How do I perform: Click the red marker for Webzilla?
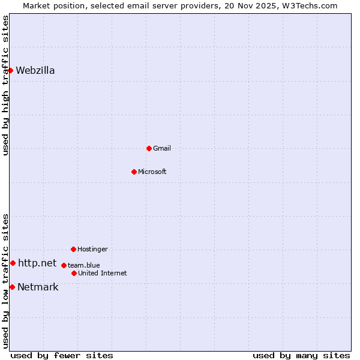pyautogui.click(x=10, y=70)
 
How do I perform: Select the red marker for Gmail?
pyautogui.click(x=149, y=148)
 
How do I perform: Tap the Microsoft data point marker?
pyautogui.click(x=134, y=172)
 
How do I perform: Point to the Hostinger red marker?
pyautogui.click(x=73, y=249)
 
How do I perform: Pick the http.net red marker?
pyautogui.click(x=13, y=263)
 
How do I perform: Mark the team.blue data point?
pyautogui.click(x=64, y=265)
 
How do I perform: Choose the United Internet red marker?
pyautogui.click(x=74, y=273)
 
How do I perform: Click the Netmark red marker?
pyautogui.click(x=12, y=287)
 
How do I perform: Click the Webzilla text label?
pyautogui.click(x=35, y=70)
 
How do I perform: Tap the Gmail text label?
pyautogui.click(x=162, y=148)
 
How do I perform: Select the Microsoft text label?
pyautogui.click(x=152, y=172)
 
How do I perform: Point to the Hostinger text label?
pyautogui.click(x=92, y=249)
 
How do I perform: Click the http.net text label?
pyautogui.click(x=37, y=263)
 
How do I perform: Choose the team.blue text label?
pyautogui.click(x=83, y=265)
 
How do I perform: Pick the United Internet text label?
pyautogui.click(x=102, y=273)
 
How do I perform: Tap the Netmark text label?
pyautogui.click(x=38, y=287)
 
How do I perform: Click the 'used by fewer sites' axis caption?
pyautogui.click(x=62, y=355)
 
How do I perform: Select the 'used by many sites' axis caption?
pyautogui.click(x=301, y=355)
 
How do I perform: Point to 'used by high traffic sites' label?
pyautogui.click(x=5, y=85)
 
